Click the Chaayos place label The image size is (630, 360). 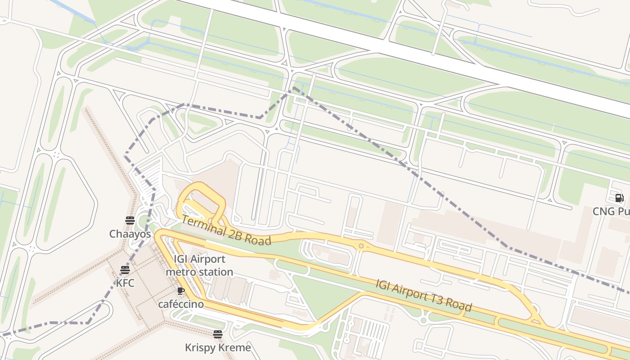pos(130,234)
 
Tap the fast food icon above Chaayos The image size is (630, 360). pos(130,220)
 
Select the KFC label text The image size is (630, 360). pos(125,283)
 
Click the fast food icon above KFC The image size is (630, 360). pos(125,270)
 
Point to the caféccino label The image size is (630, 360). pos(181,304)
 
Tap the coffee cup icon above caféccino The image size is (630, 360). pos(181,291)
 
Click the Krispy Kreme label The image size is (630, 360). pos(218,347)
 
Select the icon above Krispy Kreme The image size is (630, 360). pos(218,334)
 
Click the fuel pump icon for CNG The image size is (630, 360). pos(619,198)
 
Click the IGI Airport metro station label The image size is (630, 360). pos(199,265)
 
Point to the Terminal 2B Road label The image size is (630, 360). pos(226,230)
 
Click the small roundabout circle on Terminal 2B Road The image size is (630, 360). pos(361,246)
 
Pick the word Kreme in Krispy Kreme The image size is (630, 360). pos(234,347)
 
